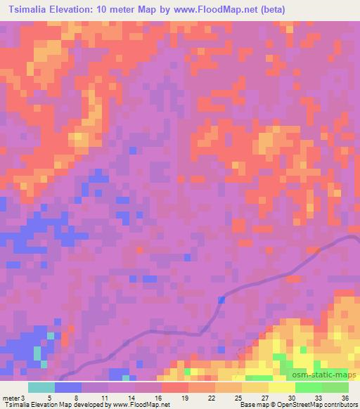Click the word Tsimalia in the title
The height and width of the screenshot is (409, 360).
[x=29, y=10]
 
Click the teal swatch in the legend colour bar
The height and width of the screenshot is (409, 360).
[x=41, y=388]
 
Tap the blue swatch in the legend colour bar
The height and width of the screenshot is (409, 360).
[x=68, y=388]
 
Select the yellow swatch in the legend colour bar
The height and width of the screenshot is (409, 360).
[x=282, y=388]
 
